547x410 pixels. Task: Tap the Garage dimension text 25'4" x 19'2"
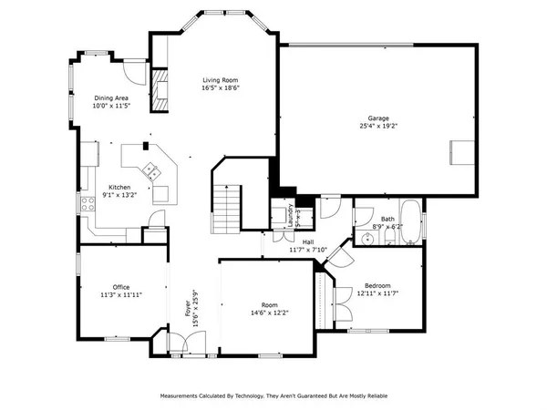[x=377, y=128]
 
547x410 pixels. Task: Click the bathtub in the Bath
[x=411, y=222]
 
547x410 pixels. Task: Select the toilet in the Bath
[x=389, y=238]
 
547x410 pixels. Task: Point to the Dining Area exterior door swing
[x=133, y=70]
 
